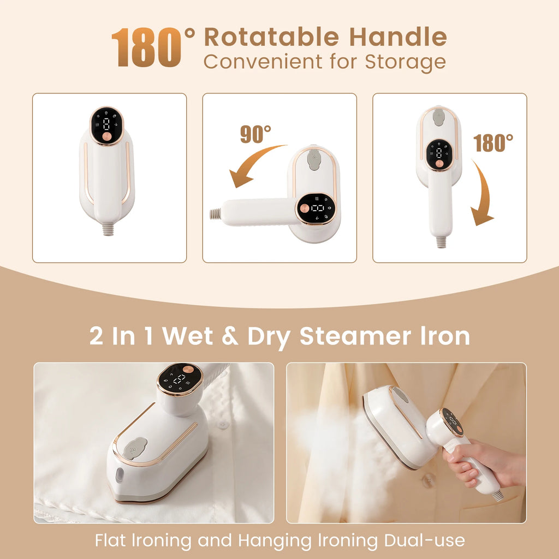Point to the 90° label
[255, 134]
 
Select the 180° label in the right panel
[493, 142]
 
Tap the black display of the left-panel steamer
[106, 126]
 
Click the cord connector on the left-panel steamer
[108, 229]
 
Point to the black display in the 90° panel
[317, 209]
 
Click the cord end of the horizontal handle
[216, 213]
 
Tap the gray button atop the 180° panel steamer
[438, 115]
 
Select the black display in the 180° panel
[439, 154]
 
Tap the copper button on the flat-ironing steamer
[188, 379]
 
